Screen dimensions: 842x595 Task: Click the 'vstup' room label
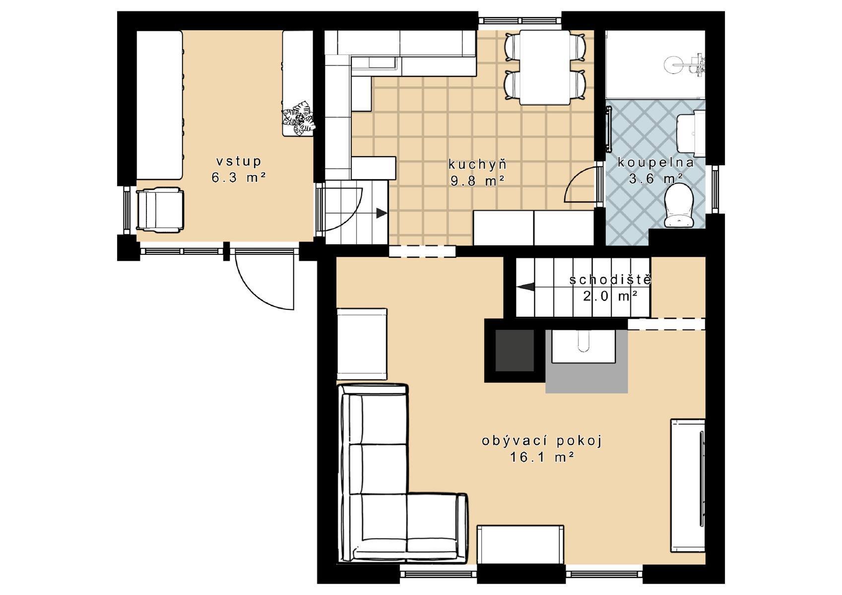239,162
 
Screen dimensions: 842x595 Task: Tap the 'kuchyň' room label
477,165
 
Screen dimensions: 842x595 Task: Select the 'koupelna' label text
655,163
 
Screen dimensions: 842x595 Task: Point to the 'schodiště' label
610,280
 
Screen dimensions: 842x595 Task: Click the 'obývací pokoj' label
542,441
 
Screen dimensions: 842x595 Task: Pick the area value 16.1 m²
542,457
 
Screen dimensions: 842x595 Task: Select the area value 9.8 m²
477,181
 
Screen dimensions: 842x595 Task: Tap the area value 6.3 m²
239,178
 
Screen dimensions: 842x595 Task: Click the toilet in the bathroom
679,205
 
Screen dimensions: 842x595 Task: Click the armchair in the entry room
160,209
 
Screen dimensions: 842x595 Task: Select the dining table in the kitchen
545,67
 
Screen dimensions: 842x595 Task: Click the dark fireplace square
514,350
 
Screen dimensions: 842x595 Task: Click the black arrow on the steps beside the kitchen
382,213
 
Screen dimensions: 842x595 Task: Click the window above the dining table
520,21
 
